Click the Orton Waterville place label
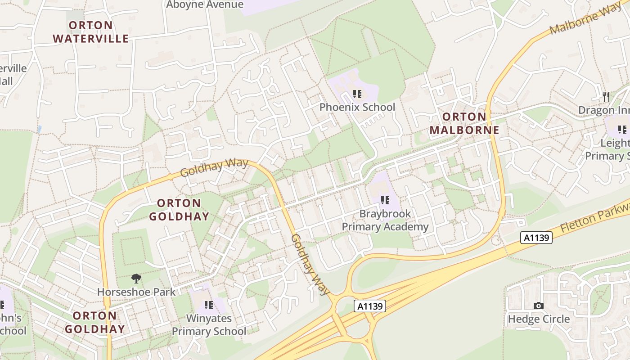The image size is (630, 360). (91, 32)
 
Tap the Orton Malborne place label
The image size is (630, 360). (464, 124)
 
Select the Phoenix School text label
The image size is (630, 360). (357, 107)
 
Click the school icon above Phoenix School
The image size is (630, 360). (357, 94)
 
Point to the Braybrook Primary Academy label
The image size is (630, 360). (385, 220)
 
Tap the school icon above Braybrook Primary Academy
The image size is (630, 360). (385, 200)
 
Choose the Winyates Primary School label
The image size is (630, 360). (209, 325)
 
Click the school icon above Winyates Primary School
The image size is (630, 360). (208, 306)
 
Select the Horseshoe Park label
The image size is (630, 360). (136, 292)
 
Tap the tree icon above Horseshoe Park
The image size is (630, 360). (136, 279)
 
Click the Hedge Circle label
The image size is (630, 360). (539, 319)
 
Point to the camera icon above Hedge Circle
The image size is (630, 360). (538, 306)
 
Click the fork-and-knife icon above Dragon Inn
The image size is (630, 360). (606, 96)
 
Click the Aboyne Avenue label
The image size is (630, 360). (205, 5)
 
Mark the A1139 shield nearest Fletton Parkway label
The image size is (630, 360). (536, 238)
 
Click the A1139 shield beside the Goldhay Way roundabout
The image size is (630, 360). (370, 306)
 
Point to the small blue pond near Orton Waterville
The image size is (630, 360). (40, 129)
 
